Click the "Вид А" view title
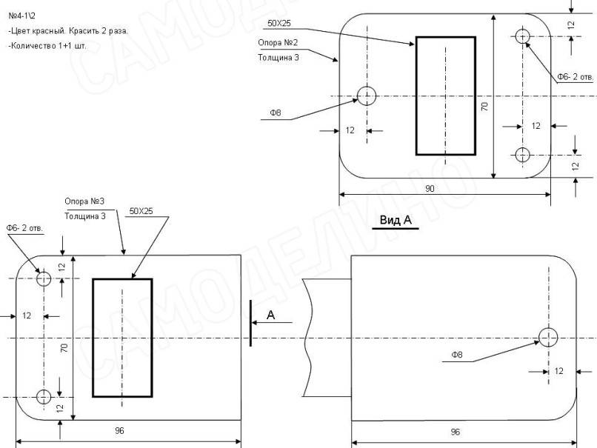pos(396,220)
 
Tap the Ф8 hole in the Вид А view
pos(548,337)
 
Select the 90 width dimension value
pos(430,188)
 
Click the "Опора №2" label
pos(278,43)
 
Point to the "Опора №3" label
pos(84,201)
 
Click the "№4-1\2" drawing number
pos(22,16)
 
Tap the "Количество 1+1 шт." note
pos(47,46)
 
